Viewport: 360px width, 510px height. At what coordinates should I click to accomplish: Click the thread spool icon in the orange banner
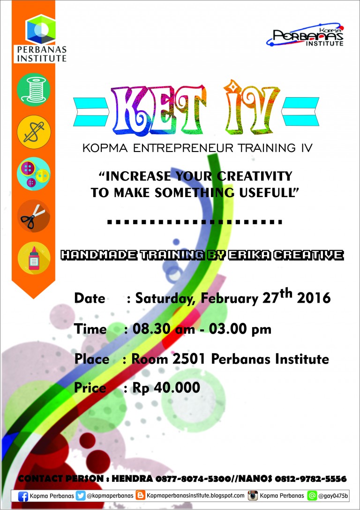click(x=33, y=90)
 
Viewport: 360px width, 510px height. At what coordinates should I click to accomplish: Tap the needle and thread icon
click(x=33, y=132)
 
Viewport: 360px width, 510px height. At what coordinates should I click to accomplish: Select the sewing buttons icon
click(x=33, y=174)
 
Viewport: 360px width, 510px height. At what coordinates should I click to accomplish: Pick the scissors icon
click(x=33, y=216)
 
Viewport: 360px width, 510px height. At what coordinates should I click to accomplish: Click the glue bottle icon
click(x=33, y=258)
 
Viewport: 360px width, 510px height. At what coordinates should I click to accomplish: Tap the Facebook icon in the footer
click(x=23, y=496)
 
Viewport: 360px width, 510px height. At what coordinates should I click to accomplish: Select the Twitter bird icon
click(x=81, y=495)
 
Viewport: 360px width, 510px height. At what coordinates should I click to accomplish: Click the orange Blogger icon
click(x=140, y=495)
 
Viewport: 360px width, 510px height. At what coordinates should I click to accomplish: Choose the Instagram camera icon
click(x=253, y=495)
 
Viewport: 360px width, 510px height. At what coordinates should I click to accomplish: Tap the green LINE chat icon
click(x=312, y=495)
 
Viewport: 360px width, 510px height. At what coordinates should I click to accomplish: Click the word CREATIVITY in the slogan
click(x=255, y=176)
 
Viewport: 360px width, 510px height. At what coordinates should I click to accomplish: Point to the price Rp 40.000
click(x=166, y=388)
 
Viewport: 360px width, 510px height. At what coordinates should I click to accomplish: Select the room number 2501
click(x=189, y=359)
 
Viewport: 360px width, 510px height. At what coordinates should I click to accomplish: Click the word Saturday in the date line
click(x=165, y=298)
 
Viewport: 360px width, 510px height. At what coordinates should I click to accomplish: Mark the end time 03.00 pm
click(x=240, y=329)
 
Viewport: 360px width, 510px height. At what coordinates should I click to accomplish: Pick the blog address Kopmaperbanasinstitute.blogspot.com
click(x=195, y=495)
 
